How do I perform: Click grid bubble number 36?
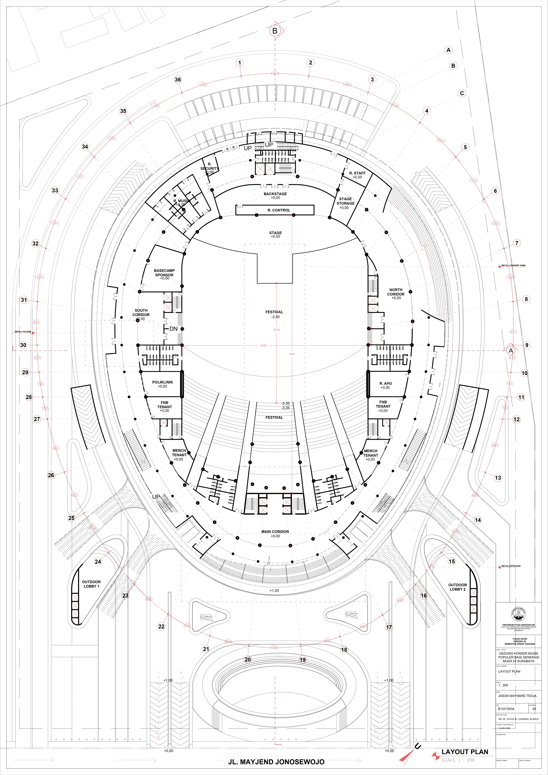(x=178, y=80)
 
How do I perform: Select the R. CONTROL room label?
(x=279, y=210)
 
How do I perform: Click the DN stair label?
(x=173, y=329)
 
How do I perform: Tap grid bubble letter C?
(x=462, y=93)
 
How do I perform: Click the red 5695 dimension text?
(x=263, y=346)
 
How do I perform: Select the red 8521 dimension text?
(x=292, y=354)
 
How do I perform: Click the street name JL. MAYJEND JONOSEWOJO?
(x=276, y=762)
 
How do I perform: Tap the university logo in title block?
(x=519, y=614)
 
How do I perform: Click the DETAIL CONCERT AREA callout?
(x=513, y=266)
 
